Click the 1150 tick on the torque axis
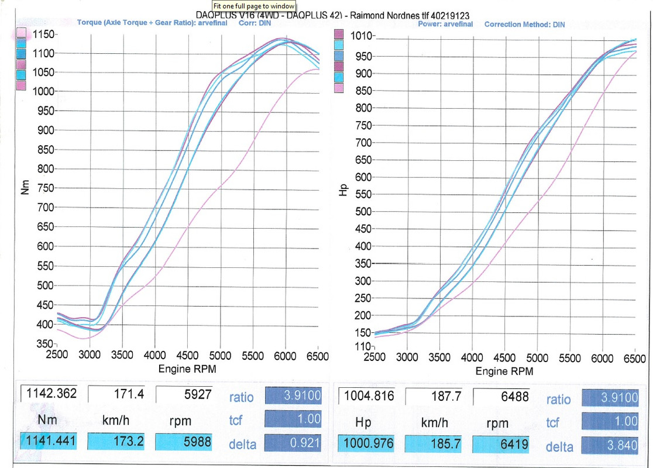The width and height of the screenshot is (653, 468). point(44,35)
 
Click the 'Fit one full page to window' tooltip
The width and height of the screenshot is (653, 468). point(253,6)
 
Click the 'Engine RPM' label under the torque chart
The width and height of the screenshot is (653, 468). point(187,369)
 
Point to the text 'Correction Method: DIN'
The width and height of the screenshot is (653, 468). point(524,24)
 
